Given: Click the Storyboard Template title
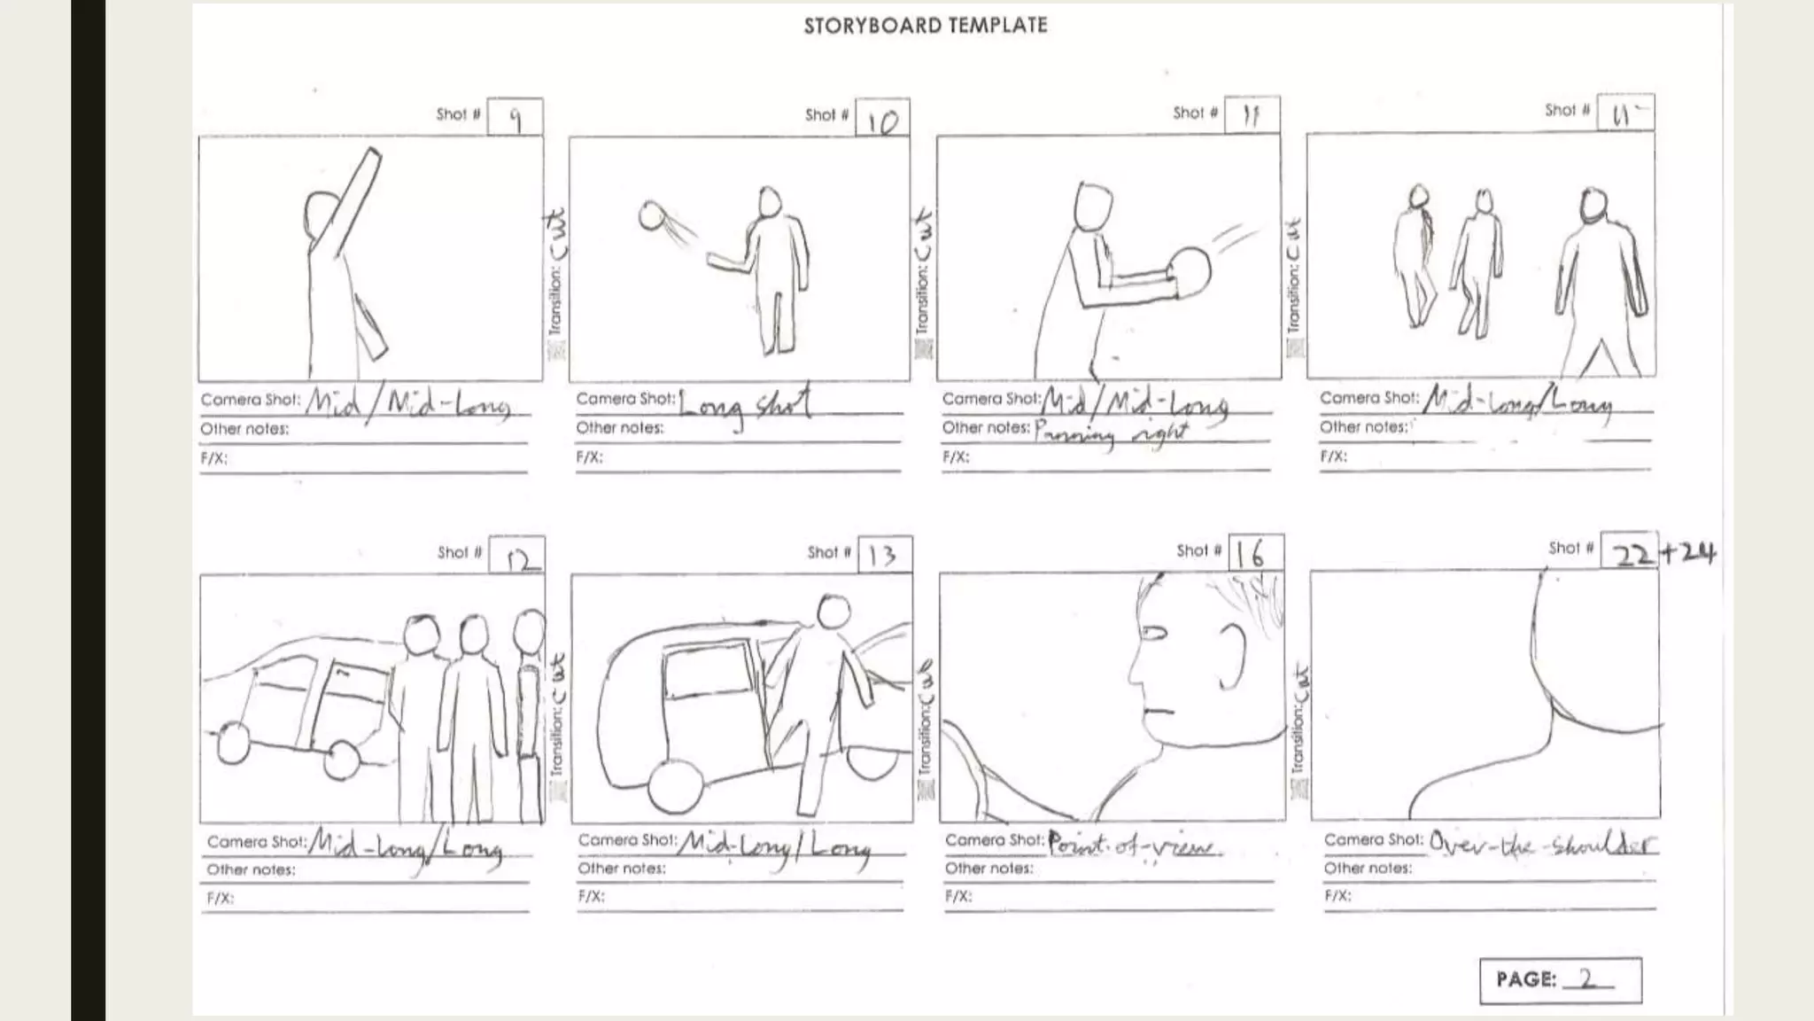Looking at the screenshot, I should [925, 25].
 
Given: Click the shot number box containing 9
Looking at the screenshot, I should [515, 117].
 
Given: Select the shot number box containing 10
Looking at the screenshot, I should [882, 119].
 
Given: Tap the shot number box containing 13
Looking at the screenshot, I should [884, 555].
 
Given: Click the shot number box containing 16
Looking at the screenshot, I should [1254, 554].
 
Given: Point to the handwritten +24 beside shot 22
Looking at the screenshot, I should [1688, 552].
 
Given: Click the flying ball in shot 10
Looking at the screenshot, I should [653, 215].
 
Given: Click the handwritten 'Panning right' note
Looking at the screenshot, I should [1112, 433].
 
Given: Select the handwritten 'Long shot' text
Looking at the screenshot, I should [744, 404].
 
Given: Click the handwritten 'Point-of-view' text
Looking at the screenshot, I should [1132, 844].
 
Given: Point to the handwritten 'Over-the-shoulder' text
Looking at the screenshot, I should [1541, 844].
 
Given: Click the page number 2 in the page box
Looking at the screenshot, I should [1586, 978].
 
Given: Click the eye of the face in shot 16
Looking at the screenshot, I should [1153, 633].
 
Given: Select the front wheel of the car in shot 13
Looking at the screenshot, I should [676, 786].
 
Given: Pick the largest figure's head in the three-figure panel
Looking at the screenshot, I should [1593, 206].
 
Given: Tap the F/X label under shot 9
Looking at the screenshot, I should [213, 458].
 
